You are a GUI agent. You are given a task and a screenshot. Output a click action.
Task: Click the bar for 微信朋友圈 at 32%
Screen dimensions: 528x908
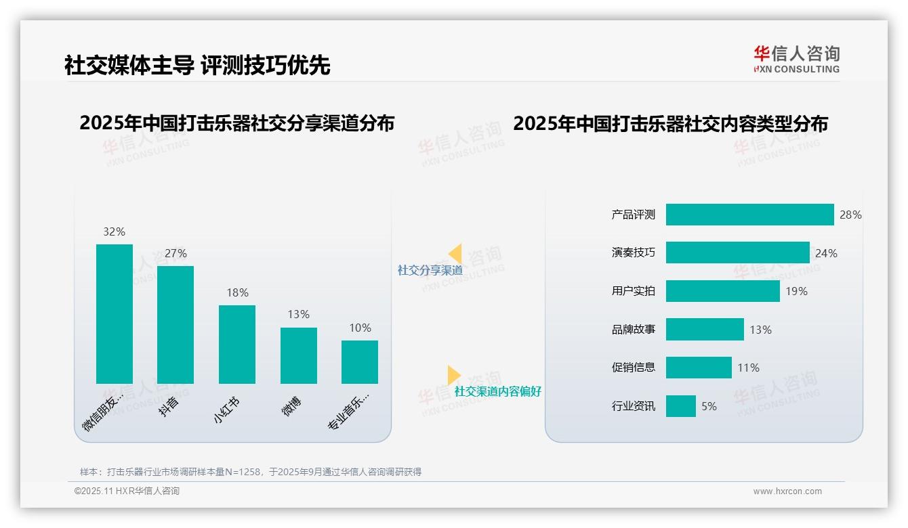(115, 313)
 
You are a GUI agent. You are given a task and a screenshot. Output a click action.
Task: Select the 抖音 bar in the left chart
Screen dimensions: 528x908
(176, 324)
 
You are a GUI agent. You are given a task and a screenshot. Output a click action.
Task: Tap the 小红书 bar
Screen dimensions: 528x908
(237, 344)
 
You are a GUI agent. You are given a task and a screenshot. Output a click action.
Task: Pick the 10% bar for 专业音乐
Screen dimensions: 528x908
(360, 361)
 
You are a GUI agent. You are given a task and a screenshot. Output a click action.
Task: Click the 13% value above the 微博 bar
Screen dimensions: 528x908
(298, 314)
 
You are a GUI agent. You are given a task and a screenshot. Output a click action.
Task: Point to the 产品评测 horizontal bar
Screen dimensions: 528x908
(749, 215)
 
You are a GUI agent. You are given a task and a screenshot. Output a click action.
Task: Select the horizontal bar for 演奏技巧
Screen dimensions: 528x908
(737, 252)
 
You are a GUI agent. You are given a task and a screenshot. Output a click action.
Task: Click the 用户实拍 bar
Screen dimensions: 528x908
(722, 291)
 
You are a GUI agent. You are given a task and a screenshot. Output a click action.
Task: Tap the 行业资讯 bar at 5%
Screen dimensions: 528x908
(680, 406)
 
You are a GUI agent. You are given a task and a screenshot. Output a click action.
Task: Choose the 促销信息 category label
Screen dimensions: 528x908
(634, 368)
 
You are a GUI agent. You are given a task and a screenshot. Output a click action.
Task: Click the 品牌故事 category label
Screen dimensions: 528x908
(634, 330)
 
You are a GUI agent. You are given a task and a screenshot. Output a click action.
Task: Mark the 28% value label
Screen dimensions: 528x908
(850, 215)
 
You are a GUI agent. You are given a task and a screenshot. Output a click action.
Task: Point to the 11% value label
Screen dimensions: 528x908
(748, 368)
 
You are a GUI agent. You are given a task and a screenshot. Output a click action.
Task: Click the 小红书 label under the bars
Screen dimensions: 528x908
(227, 410)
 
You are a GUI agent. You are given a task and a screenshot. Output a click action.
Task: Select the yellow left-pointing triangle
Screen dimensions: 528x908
(455, 254)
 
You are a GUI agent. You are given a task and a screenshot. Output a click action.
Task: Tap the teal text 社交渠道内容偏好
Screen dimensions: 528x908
(497, 391)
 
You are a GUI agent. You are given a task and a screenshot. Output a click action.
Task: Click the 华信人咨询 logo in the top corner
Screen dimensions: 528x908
(796, 60)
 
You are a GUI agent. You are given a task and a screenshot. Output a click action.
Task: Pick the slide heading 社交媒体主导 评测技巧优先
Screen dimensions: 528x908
(197, 65)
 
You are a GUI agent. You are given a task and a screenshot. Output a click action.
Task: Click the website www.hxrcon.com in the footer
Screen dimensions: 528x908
(787, 491)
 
